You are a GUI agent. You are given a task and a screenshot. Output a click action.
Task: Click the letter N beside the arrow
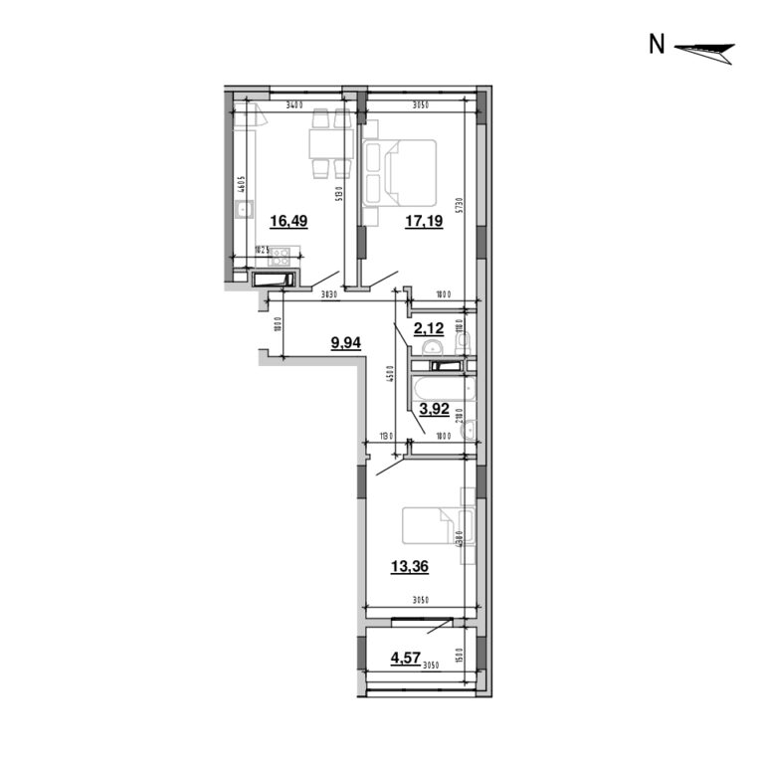pos(657,45)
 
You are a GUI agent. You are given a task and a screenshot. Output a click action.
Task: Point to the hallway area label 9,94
pos(347,342)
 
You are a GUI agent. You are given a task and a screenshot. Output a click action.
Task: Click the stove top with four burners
pos(278,256)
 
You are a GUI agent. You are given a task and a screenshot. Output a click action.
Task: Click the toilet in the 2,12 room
pos(465,342)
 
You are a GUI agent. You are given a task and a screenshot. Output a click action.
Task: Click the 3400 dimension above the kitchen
pos(293,103)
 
